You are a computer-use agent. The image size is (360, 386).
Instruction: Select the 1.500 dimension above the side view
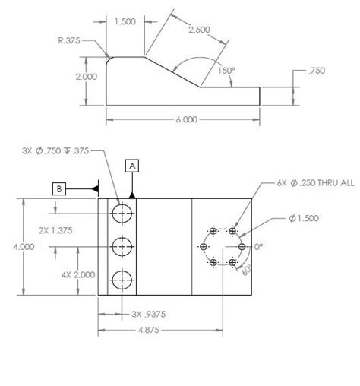coord(127,23)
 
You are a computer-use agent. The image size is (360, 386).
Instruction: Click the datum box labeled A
coord(132,164)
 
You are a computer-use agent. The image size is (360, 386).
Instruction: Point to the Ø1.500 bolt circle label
coord(302,218)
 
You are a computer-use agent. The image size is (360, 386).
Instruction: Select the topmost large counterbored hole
coord(121,214)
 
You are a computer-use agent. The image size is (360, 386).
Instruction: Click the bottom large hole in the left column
coord(121,278)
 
